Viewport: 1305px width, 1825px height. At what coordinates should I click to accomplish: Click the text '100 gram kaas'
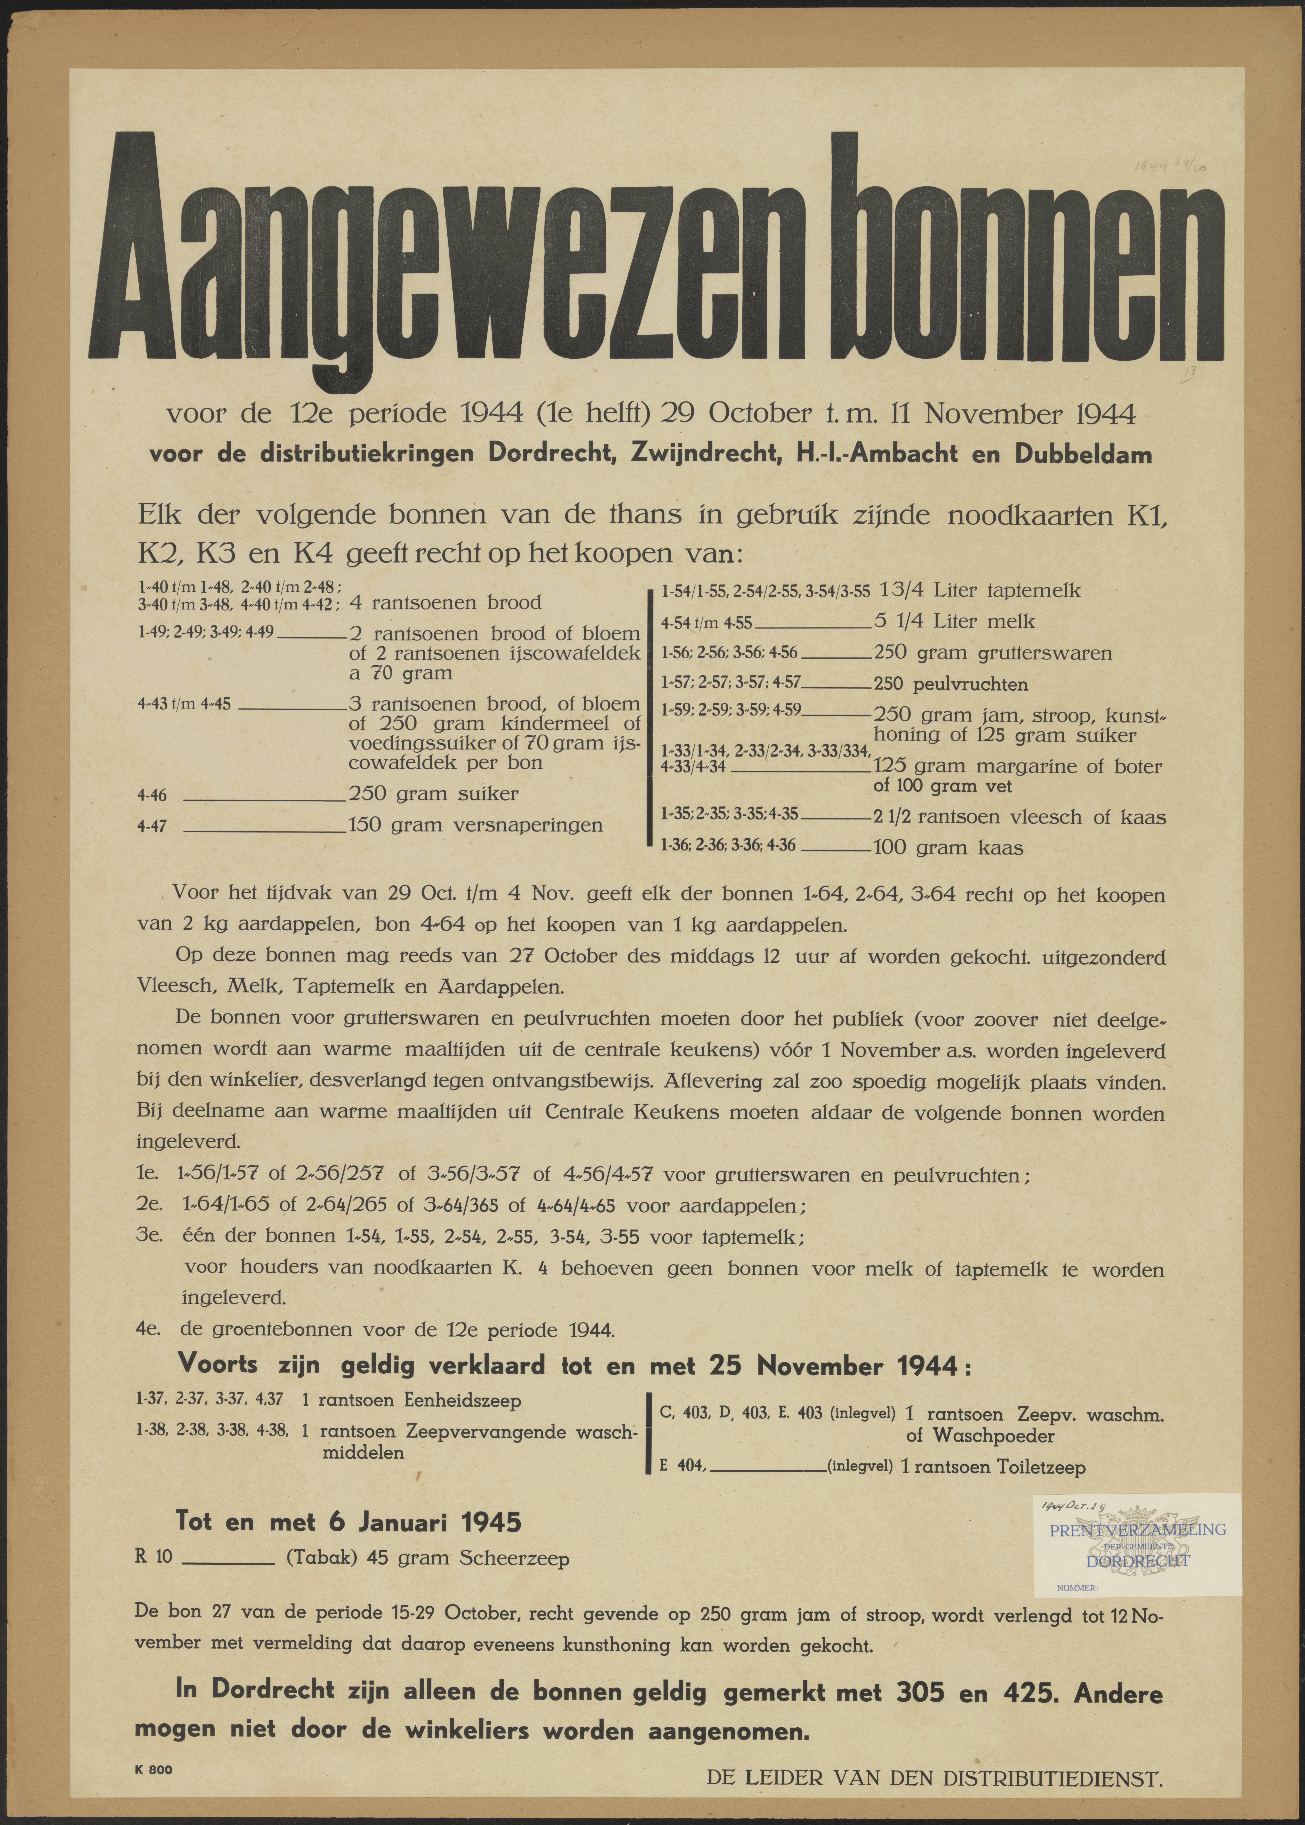[948, 847]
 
